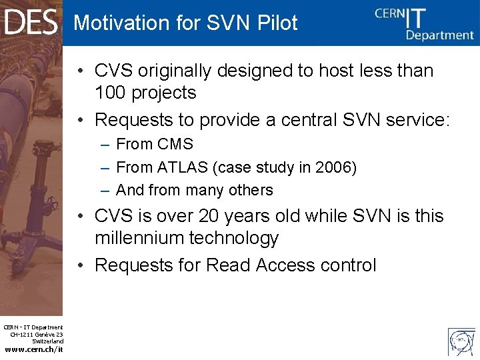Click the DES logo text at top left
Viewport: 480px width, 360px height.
(31, 22)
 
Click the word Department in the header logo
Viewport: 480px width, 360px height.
(440, 35)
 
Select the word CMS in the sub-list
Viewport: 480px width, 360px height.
(177, 144)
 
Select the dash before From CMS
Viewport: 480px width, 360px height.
(105, 145)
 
